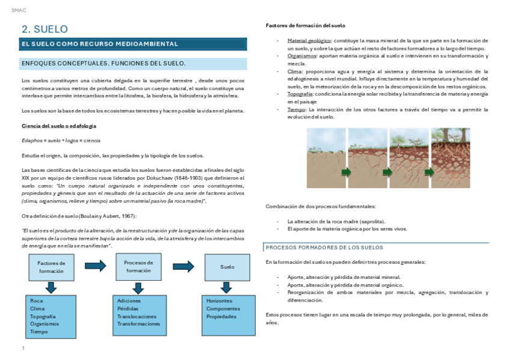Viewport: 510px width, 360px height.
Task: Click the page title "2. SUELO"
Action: coord(45,29)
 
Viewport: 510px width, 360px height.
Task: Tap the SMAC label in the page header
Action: coord(18,10)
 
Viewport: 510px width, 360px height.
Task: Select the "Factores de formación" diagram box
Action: coord(51,267)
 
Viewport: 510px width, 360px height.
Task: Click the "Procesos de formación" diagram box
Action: coord(138,266)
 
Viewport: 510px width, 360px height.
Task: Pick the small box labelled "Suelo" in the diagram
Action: coord(227,267)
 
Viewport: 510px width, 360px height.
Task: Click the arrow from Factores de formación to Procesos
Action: coord(95,266)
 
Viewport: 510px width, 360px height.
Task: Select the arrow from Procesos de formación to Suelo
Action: coord(183,266)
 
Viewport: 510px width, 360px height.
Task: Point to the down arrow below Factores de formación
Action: coord(51,288)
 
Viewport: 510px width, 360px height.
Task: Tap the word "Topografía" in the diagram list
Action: coord(43,316)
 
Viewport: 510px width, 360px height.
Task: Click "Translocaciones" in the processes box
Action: coord(137,316)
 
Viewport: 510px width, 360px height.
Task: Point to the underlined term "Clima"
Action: coord(294,71)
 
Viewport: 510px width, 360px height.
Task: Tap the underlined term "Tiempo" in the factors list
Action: coord(296,109)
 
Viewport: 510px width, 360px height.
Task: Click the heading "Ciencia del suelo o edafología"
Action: coord(59,126)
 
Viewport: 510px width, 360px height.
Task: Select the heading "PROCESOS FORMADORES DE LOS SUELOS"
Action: coord(324,248)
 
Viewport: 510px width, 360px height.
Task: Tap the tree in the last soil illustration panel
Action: coord(453,135)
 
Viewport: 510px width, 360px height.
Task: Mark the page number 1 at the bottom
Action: coord(23,348)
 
